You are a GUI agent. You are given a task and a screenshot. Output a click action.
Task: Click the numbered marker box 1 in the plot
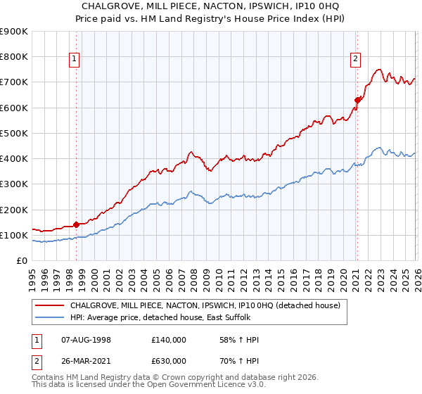[75, 59]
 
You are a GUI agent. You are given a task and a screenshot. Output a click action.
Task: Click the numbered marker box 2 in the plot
[357, 59]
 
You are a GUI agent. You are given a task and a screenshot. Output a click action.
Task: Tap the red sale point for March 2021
[357, 100]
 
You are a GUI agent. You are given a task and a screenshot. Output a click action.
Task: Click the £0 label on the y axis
[22, 261]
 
